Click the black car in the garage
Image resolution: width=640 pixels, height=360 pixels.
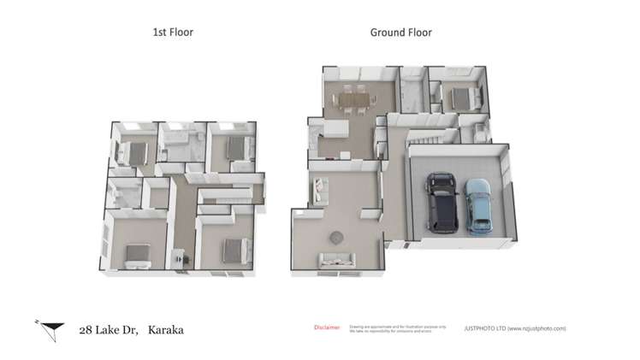click(x=441, y=202)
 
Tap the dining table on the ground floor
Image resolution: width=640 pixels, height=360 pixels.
click(x=355, y=100)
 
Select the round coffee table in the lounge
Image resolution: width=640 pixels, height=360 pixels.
click(x=336, y=236)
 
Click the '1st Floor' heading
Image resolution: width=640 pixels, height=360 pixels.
click(x=173, y=32)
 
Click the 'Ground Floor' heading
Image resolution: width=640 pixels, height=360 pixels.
click(x=400, y=32)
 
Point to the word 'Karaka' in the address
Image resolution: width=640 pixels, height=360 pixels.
click(x=165, y=329)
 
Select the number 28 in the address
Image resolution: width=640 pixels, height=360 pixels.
click(x=86, y=329)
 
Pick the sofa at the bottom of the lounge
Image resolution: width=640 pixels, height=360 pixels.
click(x=337, y=260)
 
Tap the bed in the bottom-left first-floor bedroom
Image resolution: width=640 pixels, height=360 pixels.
click(x=135, y=253)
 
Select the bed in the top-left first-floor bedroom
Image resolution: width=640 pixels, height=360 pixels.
click(x=133, y=152)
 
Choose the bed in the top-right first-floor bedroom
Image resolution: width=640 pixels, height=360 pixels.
click(x=238, y=149)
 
